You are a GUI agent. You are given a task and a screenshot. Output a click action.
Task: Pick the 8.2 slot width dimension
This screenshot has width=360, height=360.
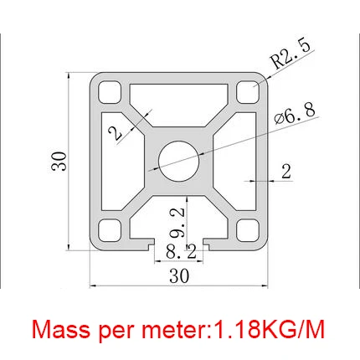(x=179, y=250)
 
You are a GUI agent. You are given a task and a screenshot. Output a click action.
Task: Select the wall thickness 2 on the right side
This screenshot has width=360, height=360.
(x=285, y=172)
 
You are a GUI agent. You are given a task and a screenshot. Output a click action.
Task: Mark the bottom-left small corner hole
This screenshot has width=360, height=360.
(x=109, y=228)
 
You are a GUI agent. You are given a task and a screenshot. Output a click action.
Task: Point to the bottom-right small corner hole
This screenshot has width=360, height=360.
(x=247, y=228)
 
